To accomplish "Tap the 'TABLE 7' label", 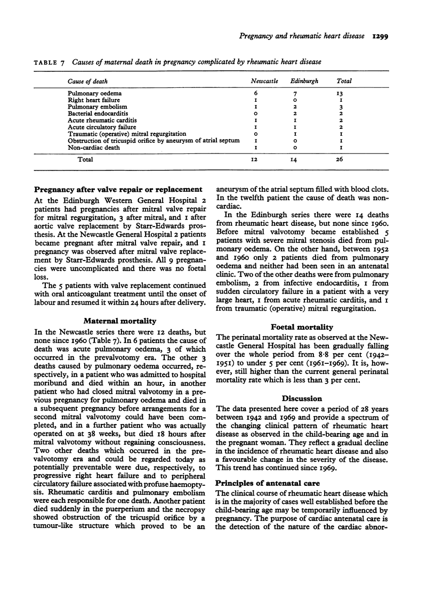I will click(50, 63).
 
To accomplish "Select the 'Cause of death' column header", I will click(87, 82).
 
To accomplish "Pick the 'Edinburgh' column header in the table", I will click(302, 82).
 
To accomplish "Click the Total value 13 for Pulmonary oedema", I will click(340, 93).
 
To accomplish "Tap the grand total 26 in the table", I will click(340, 159).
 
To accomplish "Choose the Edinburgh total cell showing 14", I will click(302, 159).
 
